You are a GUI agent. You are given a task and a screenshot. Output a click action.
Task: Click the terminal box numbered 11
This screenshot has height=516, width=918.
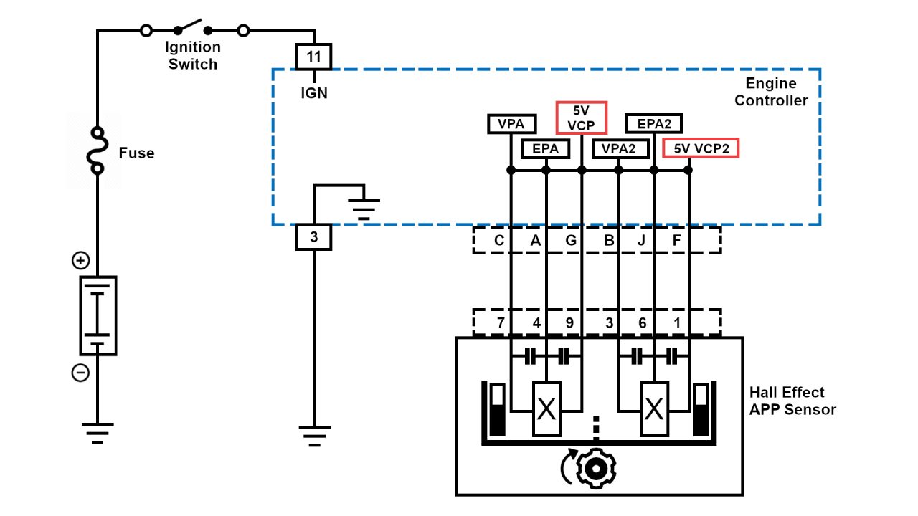pos(313,57)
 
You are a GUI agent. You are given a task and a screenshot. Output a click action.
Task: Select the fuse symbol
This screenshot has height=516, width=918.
pos(97,151)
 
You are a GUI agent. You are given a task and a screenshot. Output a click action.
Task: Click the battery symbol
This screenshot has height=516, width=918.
pos(98,315)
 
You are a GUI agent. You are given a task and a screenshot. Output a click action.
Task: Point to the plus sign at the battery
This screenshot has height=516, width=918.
pos(80,261)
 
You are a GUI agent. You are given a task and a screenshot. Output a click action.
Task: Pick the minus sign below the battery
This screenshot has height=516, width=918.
pos(80,373)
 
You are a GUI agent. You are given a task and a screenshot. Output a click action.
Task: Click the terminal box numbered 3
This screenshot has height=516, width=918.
pos(313,237)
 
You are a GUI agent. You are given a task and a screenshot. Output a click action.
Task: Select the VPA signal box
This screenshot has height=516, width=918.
pos(511,123)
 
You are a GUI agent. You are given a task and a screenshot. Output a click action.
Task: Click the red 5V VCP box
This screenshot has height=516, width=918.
pos(582,118)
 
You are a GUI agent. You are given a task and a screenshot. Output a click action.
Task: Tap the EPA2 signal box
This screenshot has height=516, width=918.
pos(653,123)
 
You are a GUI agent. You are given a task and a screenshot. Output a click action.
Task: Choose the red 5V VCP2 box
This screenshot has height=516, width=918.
pos(701,148)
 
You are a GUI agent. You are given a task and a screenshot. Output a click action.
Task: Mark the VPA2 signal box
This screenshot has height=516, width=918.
pos(620,148)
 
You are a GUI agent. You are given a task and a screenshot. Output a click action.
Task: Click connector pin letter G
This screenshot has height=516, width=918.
pos(571,241)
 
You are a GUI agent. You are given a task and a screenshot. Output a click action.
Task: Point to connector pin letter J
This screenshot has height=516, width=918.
pos(641,241)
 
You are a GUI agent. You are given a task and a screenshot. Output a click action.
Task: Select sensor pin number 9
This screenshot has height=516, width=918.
pos(569,323)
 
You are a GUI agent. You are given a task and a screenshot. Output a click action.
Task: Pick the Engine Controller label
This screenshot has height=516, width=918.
pos(771,92)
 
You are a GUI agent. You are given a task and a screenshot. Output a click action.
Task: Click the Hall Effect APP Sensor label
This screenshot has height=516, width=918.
pos(792,401)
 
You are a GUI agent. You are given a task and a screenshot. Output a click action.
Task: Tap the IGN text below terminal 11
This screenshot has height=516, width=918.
pos(313,93)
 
